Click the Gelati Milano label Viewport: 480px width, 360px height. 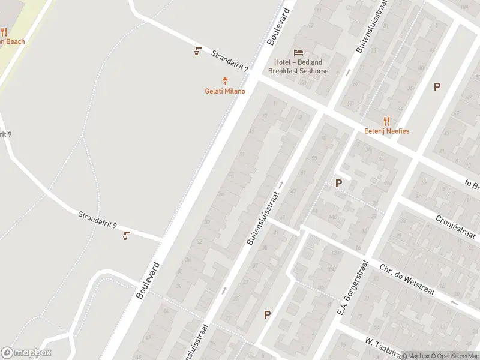(x=225, y=91)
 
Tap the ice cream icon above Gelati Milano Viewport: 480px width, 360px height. (x=226, y=80)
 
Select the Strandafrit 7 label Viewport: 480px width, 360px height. (x=230, y=61)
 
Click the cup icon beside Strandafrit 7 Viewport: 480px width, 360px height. (x=197, y=51)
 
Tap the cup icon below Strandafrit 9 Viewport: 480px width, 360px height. (x=126, y=236)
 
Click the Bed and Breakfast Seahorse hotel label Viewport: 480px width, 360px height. (x=298, y=67)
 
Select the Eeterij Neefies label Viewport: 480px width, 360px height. (x=386, y=131)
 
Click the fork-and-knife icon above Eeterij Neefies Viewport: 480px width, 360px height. (x=386, y=121)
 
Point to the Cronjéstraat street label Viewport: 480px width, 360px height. (x=455, y=227)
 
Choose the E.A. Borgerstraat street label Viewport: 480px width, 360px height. (x=353, y=289)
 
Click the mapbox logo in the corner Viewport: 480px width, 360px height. (x=26, y=353)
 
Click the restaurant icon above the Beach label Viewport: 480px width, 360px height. (x=3, y=32)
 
